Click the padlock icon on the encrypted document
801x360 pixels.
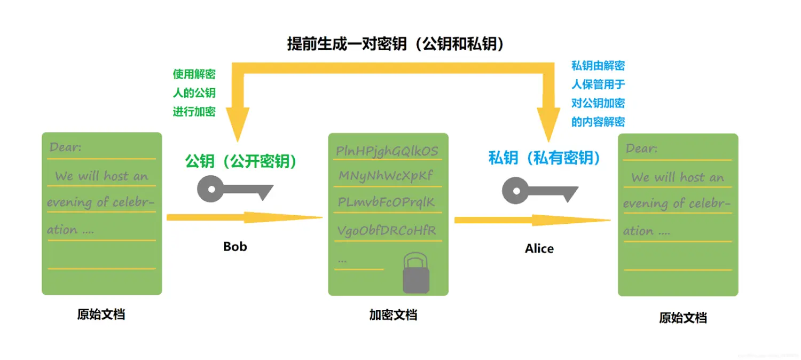pos(416,273)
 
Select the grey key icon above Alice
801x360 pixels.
pos(539,190)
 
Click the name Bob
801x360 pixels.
pos(235,246)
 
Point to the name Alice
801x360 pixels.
pos(539,248)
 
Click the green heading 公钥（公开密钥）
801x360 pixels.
pos(241,161)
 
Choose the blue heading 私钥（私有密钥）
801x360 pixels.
pos(545,158)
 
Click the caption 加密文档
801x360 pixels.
pos(393,315)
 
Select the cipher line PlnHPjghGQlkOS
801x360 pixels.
pos(387,151)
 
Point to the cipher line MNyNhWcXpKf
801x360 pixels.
pos(386,176)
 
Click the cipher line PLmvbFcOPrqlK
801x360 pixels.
pos(387,202)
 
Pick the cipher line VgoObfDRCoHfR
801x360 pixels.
pos(387,230)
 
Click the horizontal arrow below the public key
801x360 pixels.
pos(245,217)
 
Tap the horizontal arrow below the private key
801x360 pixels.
pos(532,220)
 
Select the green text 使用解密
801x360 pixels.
pos(194,74)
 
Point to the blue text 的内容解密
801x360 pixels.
pos(598,121)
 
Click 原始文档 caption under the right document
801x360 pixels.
pos(683,318)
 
